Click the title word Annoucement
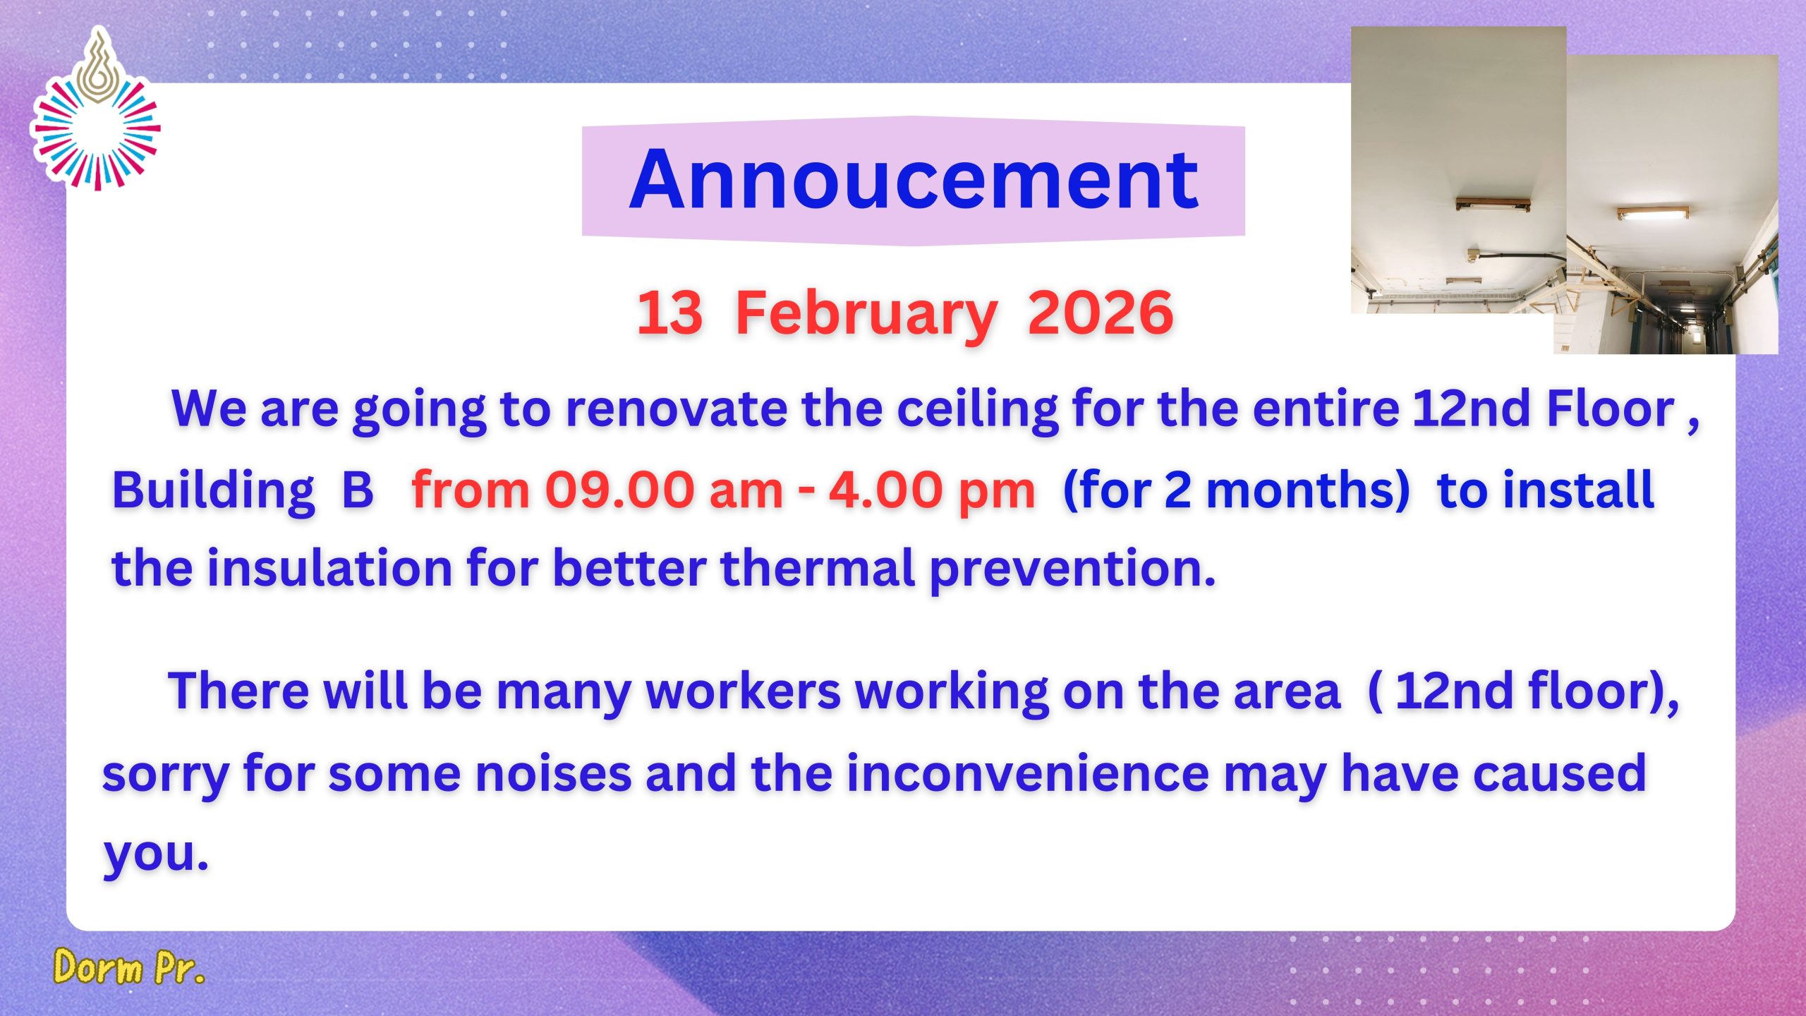(x=914, y=181)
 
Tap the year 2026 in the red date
(x=1101, y=313)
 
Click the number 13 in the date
(x=669, y=313)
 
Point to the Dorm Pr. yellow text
(x=129, y=967)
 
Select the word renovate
(x=676, y=409)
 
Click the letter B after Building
(x=357, y=490)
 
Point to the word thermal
(x=817, y=569)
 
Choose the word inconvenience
(x=1029, y=774)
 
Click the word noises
(x=553, y=774)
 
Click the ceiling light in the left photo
(x=1493, y=205)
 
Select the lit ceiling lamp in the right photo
(x=1652, y=213)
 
